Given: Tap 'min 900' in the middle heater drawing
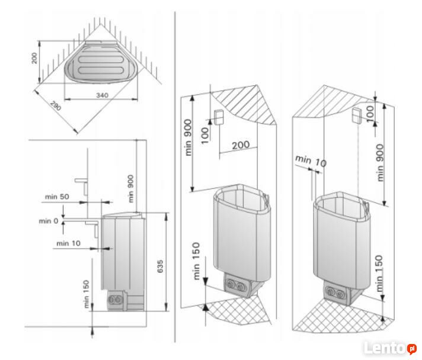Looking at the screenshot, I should (188, 137).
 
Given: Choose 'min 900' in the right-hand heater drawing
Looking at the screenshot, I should (380, 161).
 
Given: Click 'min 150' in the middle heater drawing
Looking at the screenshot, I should (196, 261).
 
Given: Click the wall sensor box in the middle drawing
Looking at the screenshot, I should (218, 117).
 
